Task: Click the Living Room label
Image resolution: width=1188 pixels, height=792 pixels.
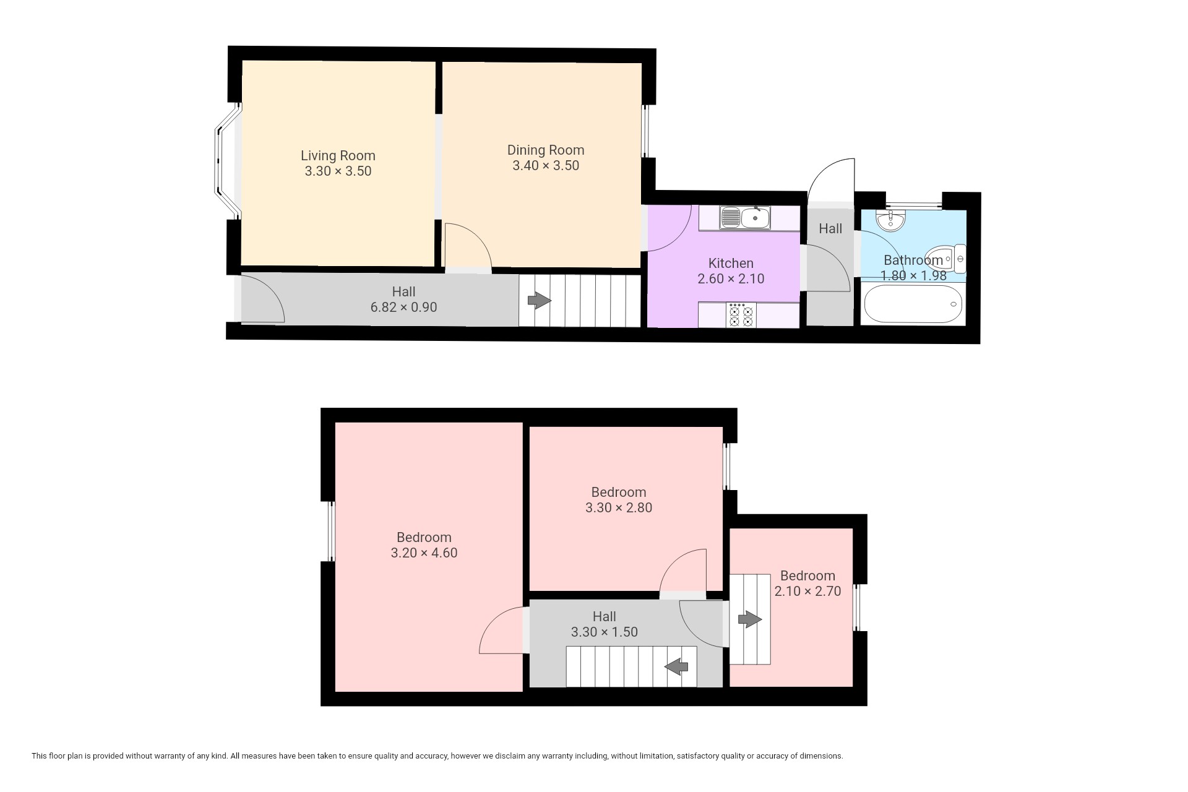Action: (x=338, y=156)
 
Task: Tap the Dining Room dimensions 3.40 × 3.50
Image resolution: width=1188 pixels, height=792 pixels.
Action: (x=546, y=166)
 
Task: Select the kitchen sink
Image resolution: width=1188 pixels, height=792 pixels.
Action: (x=745, y=217)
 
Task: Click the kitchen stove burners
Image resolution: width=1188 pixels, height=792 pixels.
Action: (x=741, y=315)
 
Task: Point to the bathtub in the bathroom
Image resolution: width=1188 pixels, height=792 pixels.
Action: (x=913, y=304)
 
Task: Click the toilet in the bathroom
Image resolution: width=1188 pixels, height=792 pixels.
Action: (x=946, y=259)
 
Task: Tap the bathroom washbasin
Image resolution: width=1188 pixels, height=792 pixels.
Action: (x=891, y=220)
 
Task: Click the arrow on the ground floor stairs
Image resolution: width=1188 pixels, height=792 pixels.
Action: (x=539, y=301)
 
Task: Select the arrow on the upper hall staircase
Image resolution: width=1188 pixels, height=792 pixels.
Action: (x=676, y=666)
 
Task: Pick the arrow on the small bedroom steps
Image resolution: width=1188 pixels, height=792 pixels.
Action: (x=750, y=619)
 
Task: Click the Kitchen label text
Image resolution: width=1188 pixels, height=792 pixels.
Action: (x=731, y=263)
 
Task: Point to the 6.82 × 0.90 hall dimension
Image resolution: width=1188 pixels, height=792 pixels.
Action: (x=403, y=307)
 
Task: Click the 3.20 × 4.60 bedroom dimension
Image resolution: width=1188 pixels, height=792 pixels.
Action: (x=424, y=553)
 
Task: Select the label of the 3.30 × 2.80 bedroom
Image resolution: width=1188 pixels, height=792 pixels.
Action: (x=619, y=493)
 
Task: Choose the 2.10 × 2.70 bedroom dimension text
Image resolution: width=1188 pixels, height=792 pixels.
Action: (x=807, y=592)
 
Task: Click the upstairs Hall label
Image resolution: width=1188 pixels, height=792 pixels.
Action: (x=604, y=617)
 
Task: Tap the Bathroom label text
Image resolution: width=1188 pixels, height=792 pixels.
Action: (x=913, y=260)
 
